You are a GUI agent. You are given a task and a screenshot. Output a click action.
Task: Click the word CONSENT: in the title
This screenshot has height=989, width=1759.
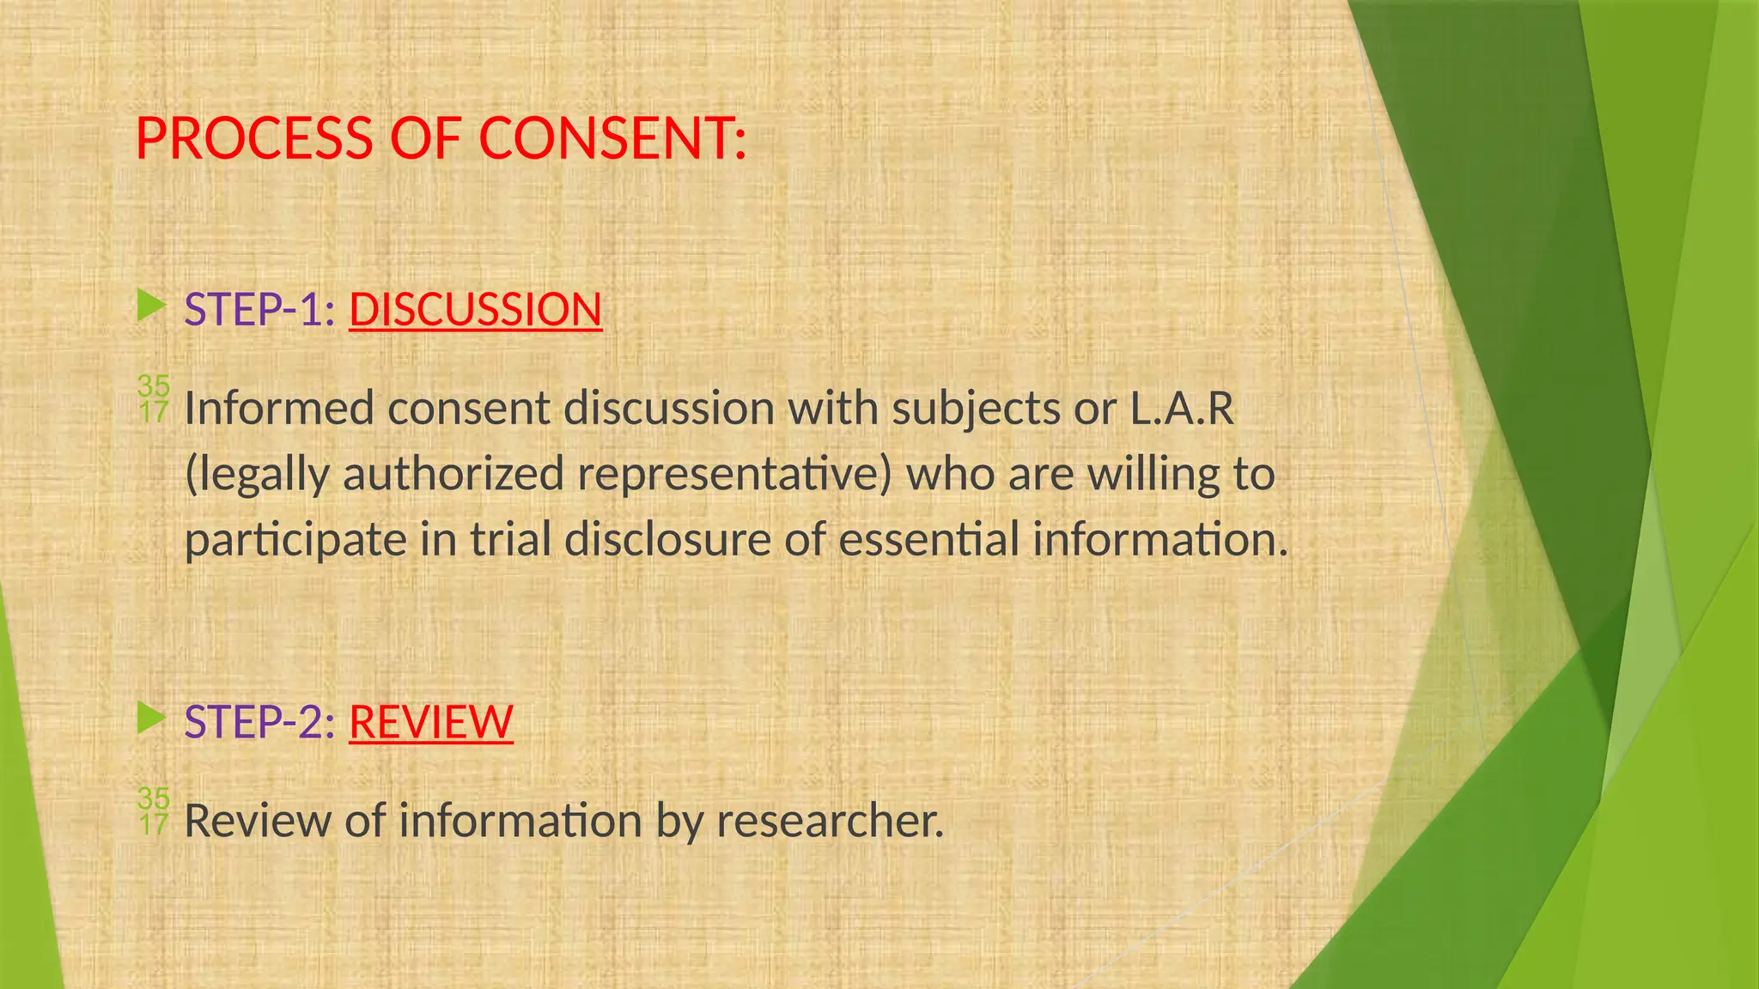click(612, 139)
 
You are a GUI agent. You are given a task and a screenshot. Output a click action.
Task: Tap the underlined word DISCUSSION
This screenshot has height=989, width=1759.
click(475, 310)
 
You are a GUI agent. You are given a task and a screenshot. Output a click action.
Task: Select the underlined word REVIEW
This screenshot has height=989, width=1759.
click(430, 722)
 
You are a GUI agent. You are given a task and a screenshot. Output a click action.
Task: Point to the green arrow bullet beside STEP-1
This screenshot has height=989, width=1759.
click(151, 306)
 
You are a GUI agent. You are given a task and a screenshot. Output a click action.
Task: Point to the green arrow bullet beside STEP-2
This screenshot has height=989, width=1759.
click(151, 719)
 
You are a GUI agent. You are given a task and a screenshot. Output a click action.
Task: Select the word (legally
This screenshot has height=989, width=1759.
click(256, 475)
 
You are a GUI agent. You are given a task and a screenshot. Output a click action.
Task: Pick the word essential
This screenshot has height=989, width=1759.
click(928, 541)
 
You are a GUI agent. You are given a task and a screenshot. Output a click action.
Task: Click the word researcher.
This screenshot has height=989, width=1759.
click(830, 822)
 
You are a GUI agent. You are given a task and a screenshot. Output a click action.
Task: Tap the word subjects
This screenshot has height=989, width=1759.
click(975, 409)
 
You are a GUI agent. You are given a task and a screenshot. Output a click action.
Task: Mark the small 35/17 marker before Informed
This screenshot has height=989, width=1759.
click(154, 399)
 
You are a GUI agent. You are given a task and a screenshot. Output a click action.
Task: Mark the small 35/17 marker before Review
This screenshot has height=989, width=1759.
click(154, 811)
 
